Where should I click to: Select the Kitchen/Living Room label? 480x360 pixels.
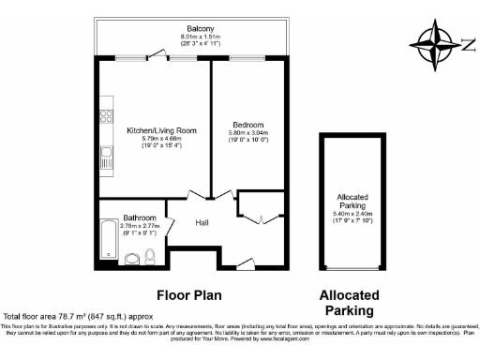click(141, 131)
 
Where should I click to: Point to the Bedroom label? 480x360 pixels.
click(247, 125)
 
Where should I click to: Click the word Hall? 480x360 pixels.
click(202, 223)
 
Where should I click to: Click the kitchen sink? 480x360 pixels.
click(107, 160)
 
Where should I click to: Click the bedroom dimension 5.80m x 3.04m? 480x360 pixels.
click(247, 133)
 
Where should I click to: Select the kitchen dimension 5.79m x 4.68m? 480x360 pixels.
click(141, 140)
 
